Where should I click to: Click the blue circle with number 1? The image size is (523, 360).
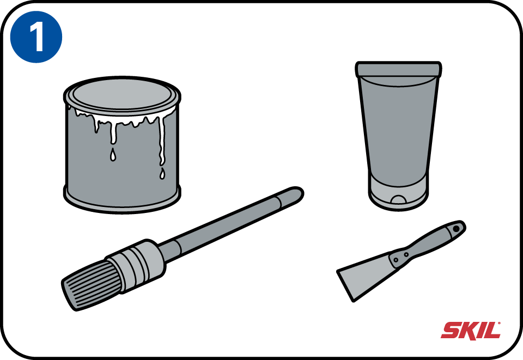pos(37,36)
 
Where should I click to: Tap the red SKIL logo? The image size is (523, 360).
pos(471,330)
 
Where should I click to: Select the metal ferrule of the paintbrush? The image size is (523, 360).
pos(136,265)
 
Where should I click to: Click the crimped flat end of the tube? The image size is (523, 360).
pos(399,69)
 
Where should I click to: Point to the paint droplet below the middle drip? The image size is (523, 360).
pos(113,155)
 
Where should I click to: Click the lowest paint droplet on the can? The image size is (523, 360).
pos(162,174)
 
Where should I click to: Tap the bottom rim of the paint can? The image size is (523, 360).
pos(122,202)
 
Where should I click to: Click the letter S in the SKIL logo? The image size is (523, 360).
pos(451,331)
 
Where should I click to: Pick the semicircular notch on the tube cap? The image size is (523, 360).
pos(399,199)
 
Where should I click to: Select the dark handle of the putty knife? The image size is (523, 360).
pos(428,243)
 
